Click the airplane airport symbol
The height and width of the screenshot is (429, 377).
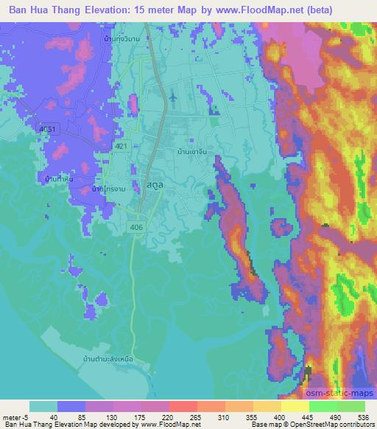click(173, 97)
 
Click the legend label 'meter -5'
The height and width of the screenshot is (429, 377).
click(14, 416)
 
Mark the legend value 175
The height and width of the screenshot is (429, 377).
click(128, 416)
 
